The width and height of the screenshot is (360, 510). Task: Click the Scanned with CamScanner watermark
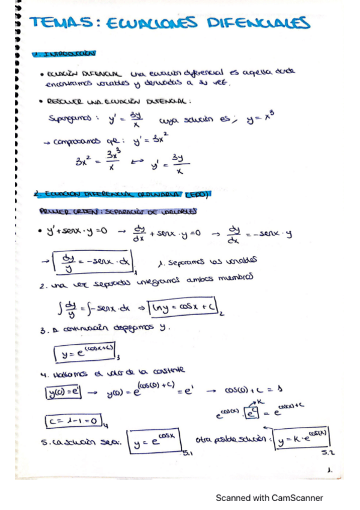[x=270, y=497]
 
